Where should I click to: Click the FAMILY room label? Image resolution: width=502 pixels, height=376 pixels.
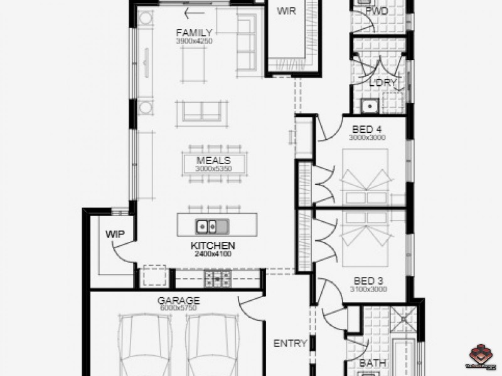[194, 33]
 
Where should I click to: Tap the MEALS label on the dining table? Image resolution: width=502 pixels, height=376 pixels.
[213, 160]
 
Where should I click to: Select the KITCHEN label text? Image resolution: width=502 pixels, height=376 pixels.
[213, 246]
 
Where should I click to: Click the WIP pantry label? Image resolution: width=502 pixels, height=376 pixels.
[115, 234]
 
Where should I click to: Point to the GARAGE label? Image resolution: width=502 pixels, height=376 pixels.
[178, 300]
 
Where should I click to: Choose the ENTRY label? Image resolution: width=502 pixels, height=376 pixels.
[291, 343]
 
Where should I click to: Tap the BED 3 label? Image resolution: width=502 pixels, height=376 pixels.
[368, 280]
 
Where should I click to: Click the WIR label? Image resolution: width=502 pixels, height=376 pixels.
[286, 11]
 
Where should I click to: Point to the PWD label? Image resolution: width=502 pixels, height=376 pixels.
[376, 11]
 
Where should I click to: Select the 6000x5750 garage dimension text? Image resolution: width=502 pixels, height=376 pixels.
[178, 308]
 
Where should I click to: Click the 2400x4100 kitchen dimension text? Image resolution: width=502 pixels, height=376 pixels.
[213, 254]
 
